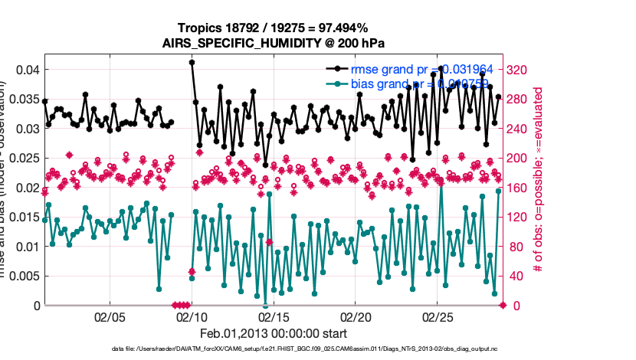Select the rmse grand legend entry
[414, 69]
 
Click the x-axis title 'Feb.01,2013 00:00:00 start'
[274, 334]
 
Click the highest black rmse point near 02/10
[192, 62]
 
